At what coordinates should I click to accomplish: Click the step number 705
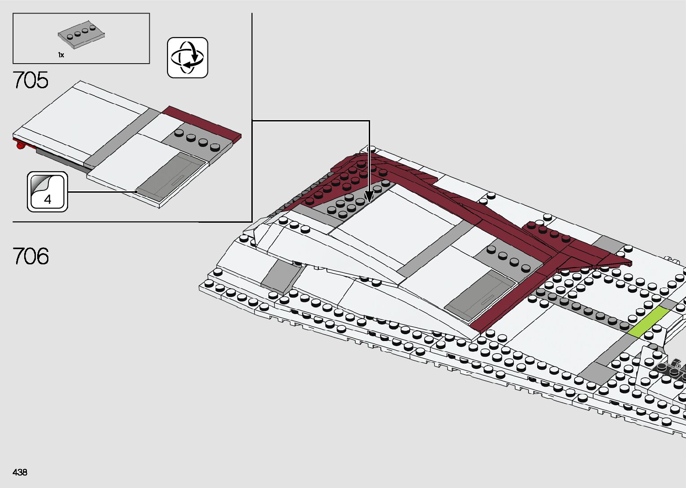click(x=30, y=80)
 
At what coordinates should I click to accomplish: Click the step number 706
click(x=30, y=256)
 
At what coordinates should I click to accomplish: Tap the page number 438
click(x=20, y=472)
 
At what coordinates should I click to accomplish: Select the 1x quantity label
click(x=61, y=55)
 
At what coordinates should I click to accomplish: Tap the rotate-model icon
click(x=187, y=58)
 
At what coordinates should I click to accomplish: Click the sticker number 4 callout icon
click(x=47, y=192)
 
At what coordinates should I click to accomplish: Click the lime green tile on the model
click(x=648, y=322)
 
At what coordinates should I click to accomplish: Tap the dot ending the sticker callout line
click(x=136, y=192)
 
